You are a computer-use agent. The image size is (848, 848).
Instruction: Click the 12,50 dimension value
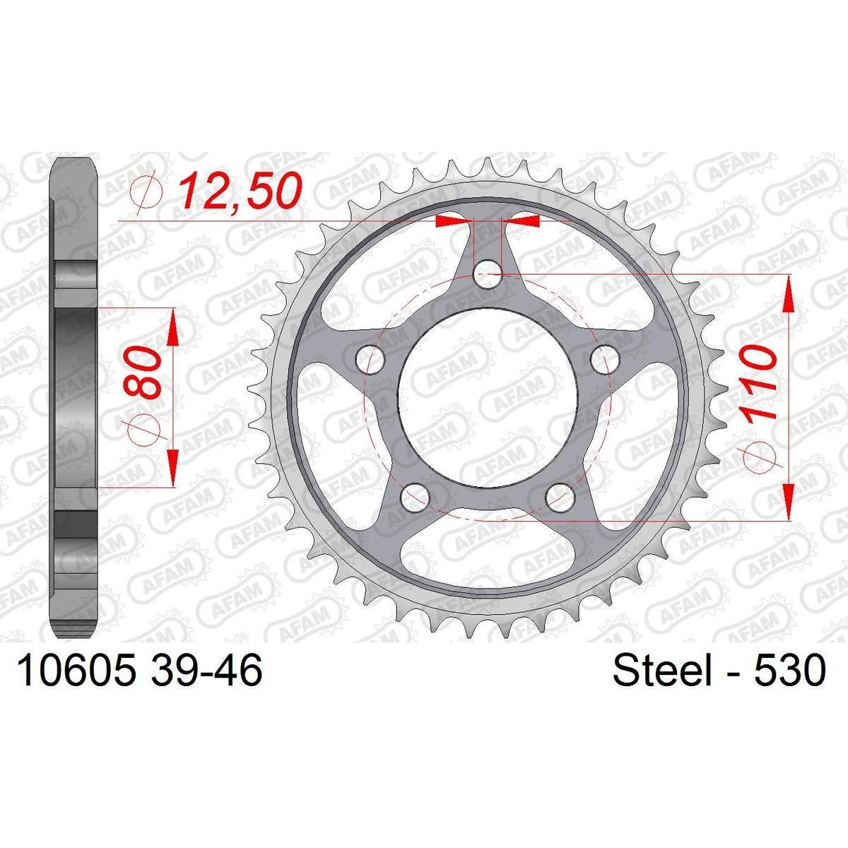[x=240, y=192]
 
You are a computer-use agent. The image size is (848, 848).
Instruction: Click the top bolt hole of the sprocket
[x=487, y=275]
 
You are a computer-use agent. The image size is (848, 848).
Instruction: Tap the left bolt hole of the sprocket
[x=370, y=360]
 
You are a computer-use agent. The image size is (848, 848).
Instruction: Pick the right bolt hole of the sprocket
[x=604, y=360]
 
